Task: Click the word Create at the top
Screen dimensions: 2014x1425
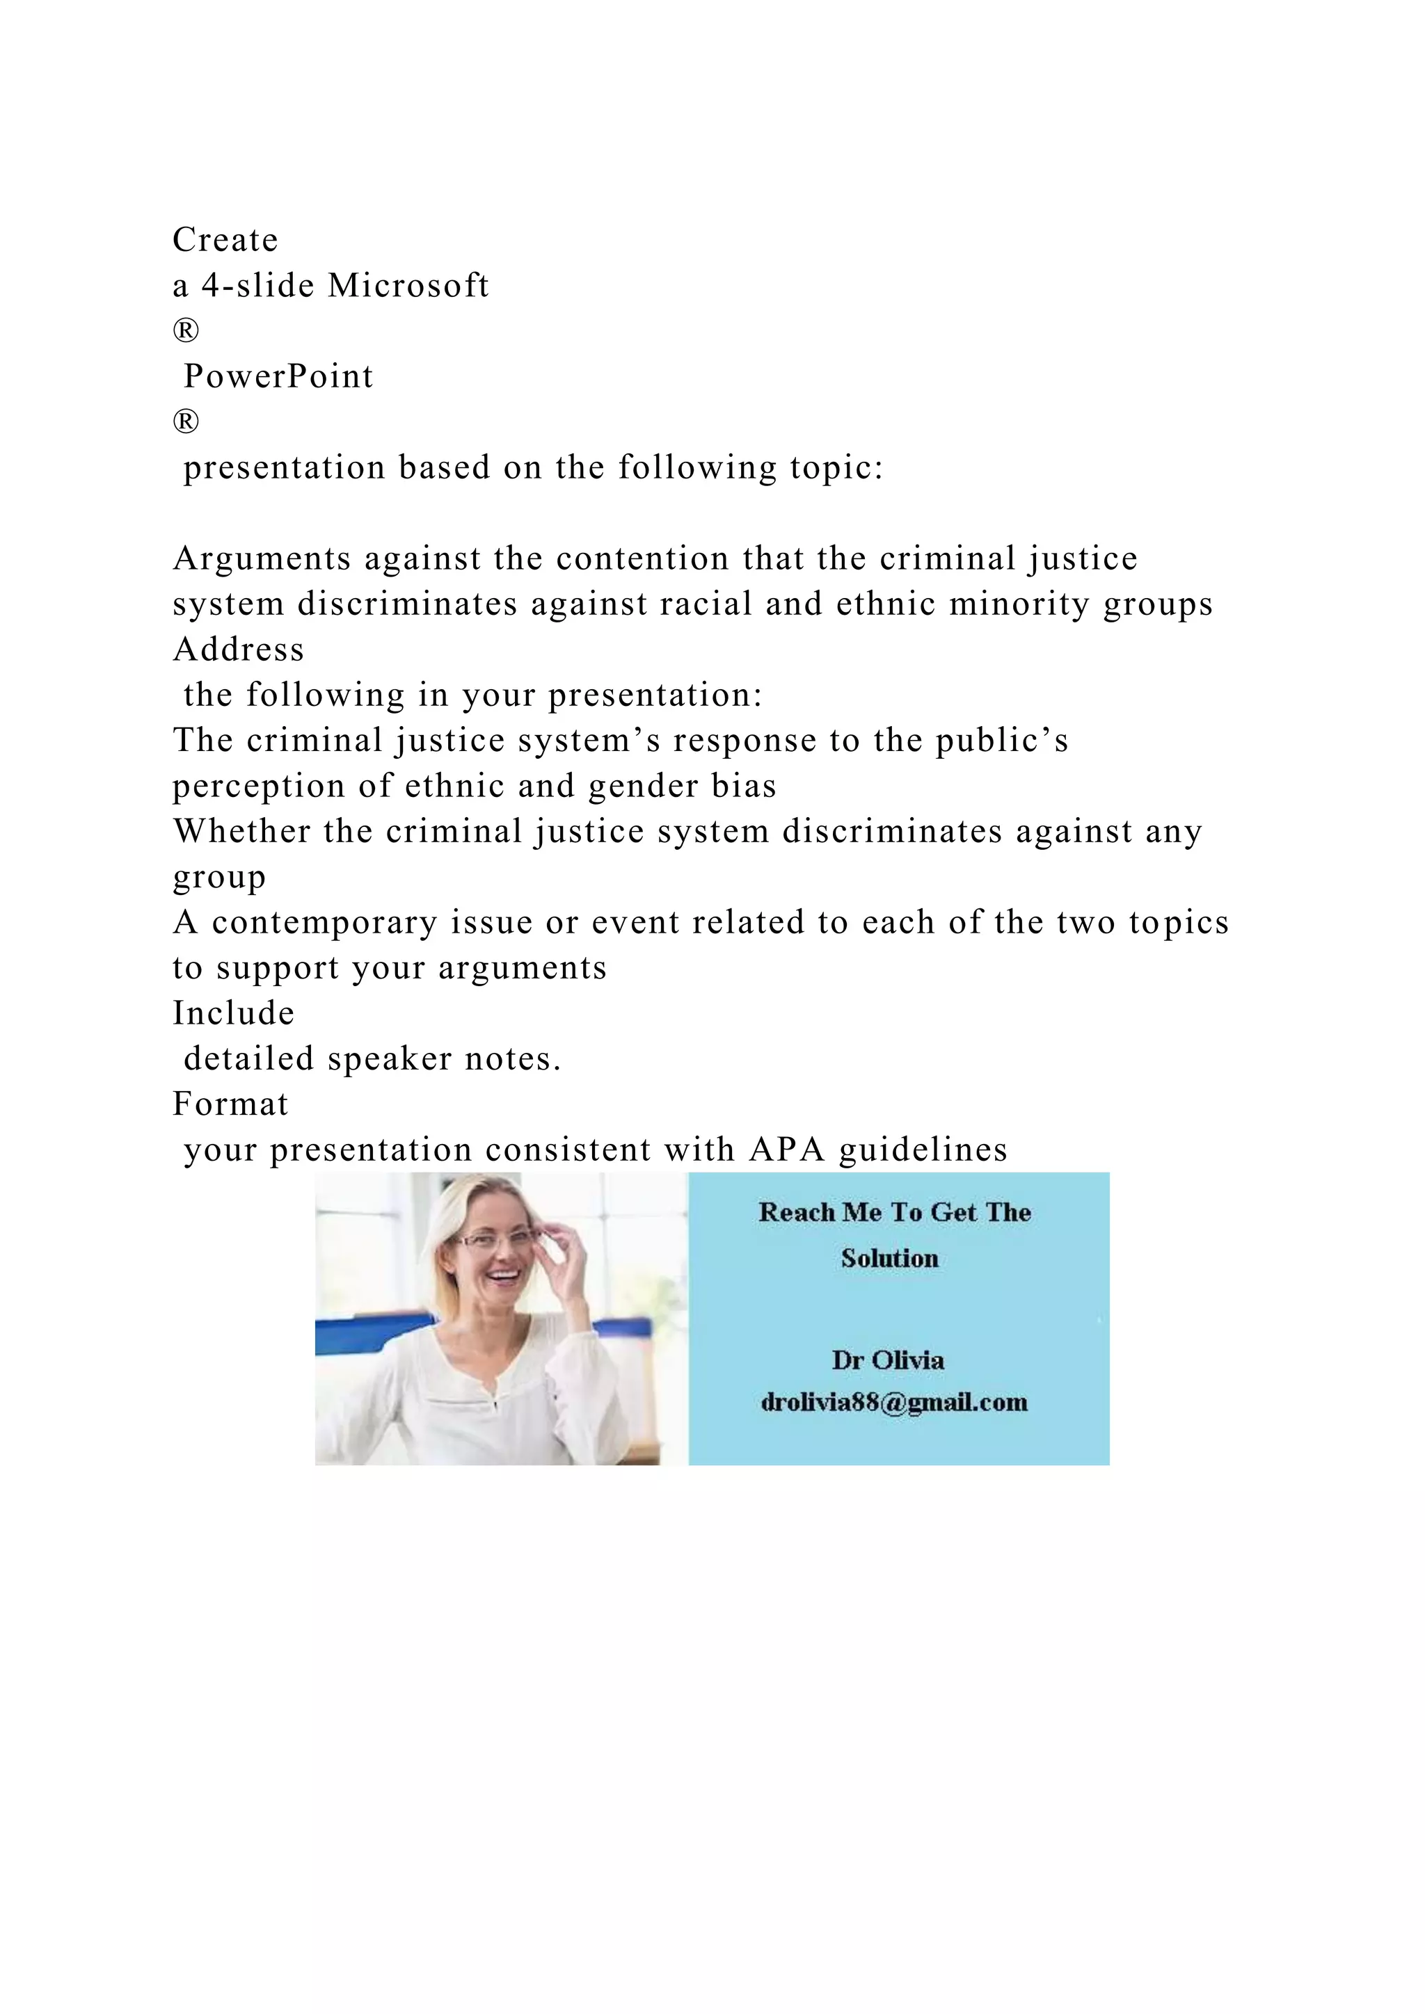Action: coord(225,239)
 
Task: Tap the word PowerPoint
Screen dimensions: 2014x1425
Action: coord(278,376)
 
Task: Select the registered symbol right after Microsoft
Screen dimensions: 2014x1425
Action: coord(186,331)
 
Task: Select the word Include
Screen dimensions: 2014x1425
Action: coord(233,1013)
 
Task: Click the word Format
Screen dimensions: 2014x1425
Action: coord(231,1104)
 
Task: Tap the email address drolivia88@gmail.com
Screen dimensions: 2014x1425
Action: coord(894,1402)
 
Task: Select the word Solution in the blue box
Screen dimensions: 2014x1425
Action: coord(890,1259)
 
